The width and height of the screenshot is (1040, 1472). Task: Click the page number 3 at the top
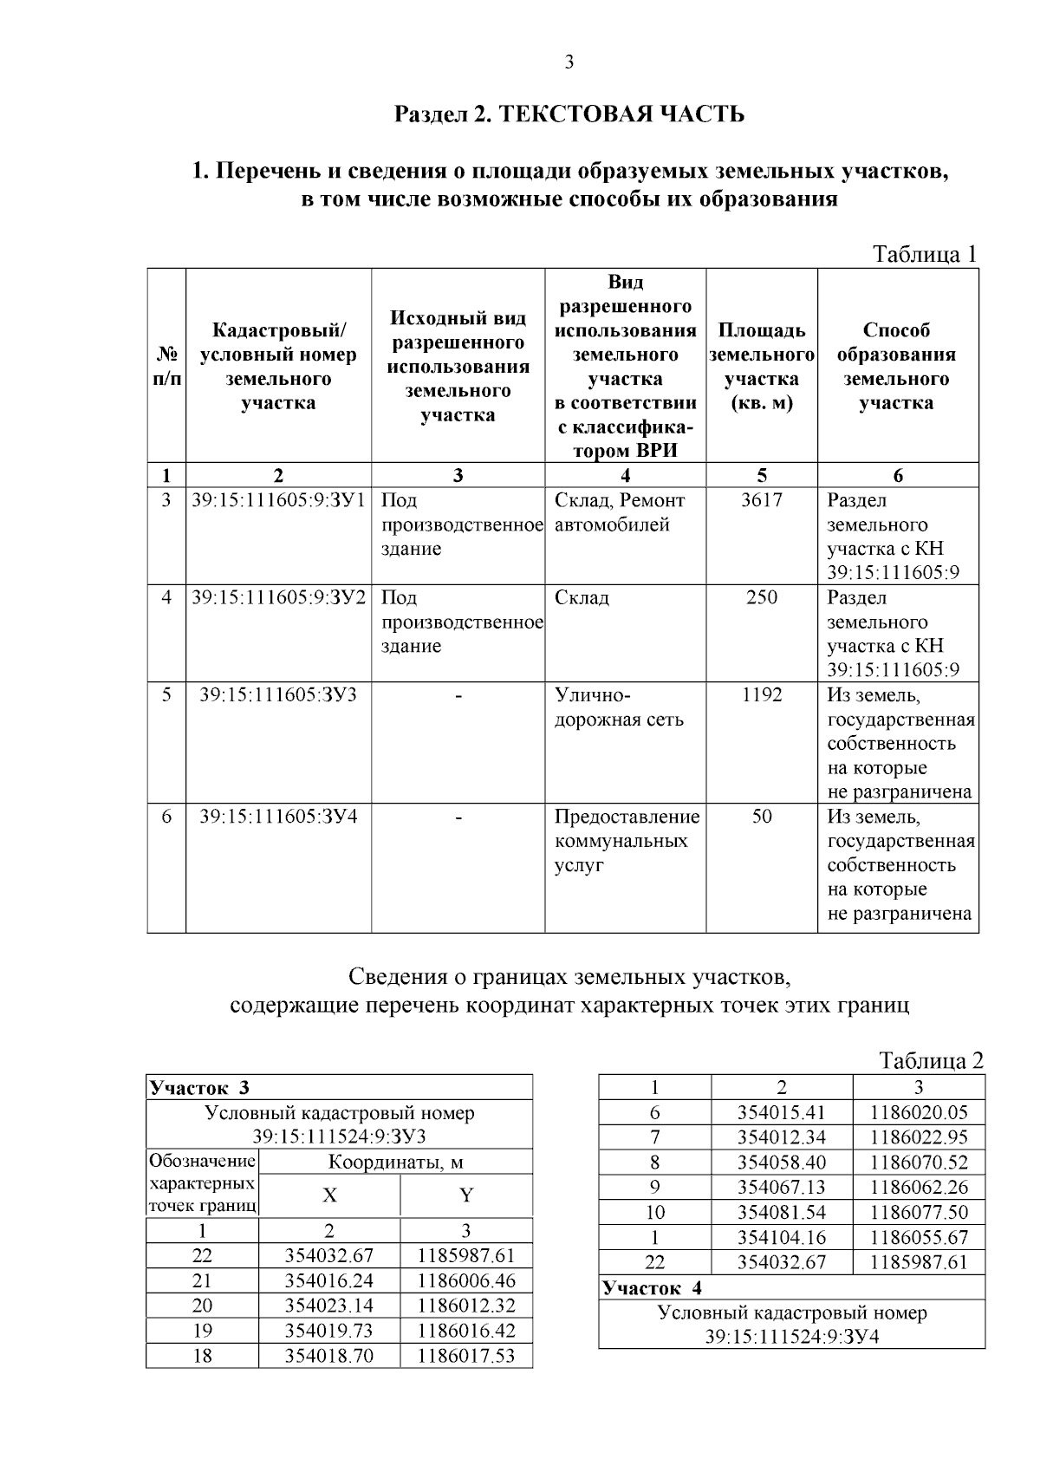569,62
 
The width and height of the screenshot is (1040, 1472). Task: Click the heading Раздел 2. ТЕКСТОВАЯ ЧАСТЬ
569,114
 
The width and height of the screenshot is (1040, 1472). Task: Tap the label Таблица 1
925,254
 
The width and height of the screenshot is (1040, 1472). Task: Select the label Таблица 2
931,1060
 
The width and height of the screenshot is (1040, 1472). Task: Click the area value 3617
761,500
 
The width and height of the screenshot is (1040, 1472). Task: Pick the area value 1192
761,695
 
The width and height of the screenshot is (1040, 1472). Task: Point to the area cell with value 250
761,597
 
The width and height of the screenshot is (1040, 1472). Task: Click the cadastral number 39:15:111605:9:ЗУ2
278,597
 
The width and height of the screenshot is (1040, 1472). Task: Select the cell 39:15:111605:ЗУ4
278,817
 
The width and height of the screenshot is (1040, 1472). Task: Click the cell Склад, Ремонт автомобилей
620,512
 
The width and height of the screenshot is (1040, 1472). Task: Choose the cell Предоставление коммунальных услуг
627,841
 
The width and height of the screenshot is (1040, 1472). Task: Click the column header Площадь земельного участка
761,367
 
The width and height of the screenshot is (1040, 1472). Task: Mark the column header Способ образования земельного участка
896,367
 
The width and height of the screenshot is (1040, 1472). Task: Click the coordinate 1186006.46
465,1280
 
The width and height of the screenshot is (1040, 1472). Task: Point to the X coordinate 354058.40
781,1163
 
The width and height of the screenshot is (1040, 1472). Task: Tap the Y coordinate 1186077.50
919,1213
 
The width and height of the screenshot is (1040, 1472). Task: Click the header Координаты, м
395,1163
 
